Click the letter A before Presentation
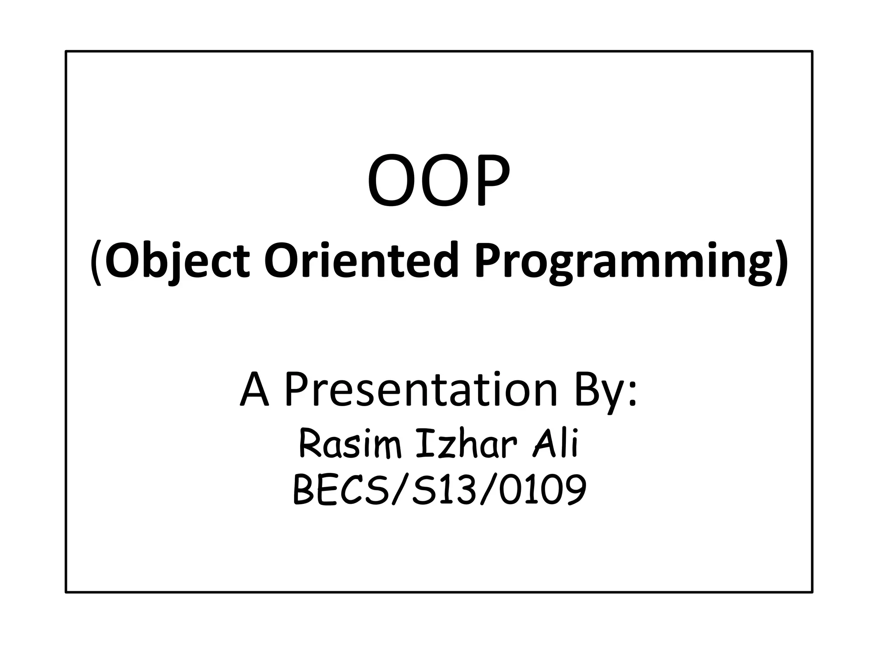pos(255,390)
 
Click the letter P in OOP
pos(488,182)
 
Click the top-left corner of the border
pos(66,51)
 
